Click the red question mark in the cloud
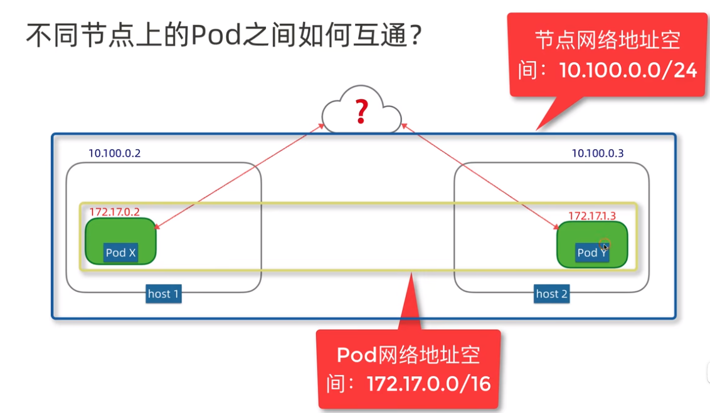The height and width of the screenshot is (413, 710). pyautogui.click(x=361, y=112)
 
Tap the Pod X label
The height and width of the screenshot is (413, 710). pyautogui.click(x=120, y=253)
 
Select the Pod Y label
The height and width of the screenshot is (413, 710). pyautogui.click(x=591, y=253)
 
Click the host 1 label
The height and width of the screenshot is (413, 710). pyautogui.click(x=164, y=294)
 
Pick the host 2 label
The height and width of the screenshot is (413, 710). pyautogui.click(x=552, y=294)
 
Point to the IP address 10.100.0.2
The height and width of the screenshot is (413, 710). pyautogui.click(x=114, y=153)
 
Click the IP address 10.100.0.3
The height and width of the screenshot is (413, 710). pyautogui.click(x=598, y=153)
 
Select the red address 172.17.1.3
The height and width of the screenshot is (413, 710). pyautogui.click(x=592, y=216)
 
